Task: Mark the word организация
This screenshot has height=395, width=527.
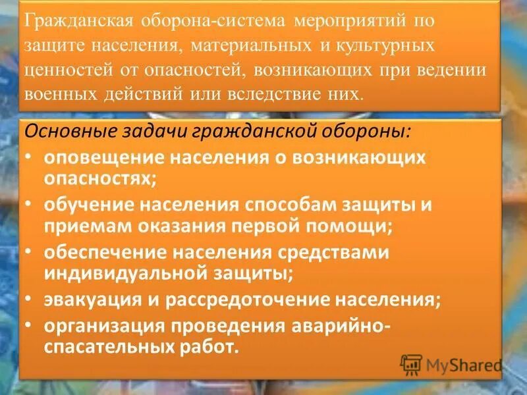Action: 105,326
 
